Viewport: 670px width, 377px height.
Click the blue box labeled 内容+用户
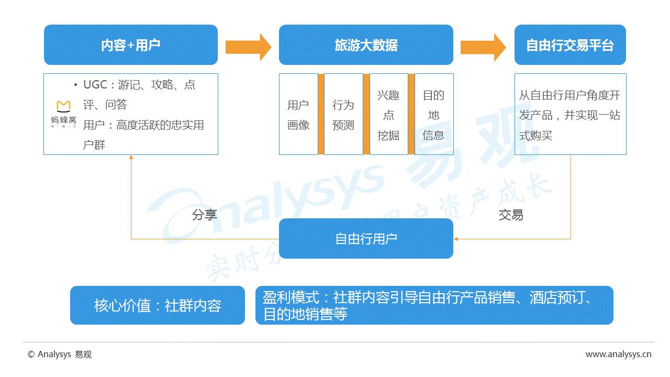[130, 45]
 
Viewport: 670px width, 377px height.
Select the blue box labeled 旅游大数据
[366, 45]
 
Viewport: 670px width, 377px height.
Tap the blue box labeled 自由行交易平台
[570, 45]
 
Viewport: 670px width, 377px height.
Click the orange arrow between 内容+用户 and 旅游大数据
[248, 47]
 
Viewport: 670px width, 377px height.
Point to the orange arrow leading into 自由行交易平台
[483, 47]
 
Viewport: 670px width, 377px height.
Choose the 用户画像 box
[298, 115]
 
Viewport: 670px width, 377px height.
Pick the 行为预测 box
[343, 115]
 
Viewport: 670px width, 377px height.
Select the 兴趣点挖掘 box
[388, 115]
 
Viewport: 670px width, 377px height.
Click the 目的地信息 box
[433, 115]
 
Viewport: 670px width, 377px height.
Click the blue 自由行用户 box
[366, 239]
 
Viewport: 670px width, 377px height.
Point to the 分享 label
[204, 215]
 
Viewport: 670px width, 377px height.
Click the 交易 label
[510, 215]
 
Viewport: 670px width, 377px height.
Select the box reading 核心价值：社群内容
[158, 305]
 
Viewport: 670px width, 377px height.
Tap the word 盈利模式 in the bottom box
[291, 297]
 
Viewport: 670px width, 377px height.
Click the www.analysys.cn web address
[618, 354]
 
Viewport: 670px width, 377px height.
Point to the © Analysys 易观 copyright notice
[60, 354]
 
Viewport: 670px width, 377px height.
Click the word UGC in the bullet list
[95, 85]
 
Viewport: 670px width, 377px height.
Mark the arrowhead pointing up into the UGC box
[131, 157]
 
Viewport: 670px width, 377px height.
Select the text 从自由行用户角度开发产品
[569, 105]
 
